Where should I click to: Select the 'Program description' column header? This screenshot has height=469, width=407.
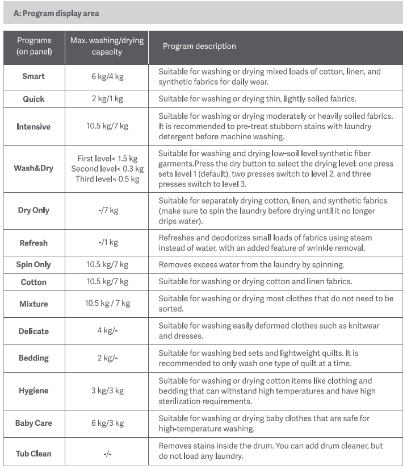tap(199, 46)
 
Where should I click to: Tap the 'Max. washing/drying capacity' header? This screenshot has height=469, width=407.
tap(107, 46)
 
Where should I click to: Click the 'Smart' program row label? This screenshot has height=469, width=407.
tap(33, 76)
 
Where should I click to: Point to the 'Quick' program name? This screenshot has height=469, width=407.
tap(33, 99)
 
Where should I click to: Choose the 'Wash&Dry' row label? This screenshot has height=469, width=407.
tap(33, 168)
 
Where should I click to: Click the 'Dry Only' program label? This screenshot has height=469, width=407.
tap(33, 210)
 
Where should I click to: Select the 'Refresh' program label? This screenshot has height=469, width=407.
tap(33, 243)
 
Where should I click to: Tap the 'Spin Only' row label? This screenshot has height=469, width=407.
tap(33, 264)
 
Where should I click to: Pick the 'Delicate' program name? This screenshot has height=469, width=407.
tap(33, 331)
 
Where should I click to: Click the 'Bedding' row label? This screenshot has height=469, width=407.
tap(33, 358)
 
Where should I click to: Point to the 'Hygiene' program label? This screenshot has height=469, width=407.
tap(33, 391)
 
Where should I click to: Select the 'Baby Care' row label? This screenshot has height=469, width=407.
tap(33, 423)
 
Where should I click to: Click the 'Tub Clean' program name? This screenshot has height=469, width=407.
tap(33, 454)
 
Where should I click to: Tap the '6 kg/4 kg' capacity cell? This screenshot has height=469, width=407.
tap(107, 76)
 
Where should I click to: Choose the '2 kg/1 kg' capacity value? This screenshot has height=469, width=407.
tap(107, 99)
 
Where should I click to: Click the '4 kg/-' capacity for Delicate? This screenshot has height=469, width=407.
tap(107, 331)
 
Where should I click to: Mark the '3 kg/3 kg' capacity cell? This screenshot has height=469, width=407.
tap(107, 391)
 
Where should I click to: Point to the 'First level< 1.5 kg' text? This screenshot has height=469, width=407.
tap(107, 158)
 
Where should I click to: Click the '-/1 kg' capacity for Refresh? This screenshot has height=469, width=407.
tap(107, 243)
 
